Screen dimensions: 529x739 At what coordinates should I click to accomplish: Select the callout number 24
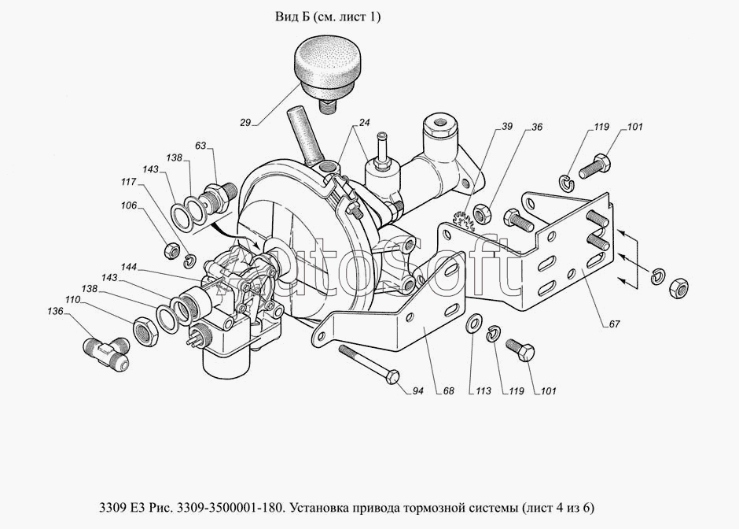coord(365,123)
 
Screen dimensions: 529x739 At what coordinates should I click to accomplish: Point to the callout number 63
coord(200,146)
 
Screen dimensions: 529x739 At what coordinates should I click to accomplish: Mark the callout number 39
coord(507,127)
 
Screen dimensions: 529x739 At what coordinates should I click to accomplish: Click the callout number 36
coord(536,127)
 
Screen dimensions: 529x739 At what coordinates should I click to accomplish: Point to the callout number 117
coord(126,182)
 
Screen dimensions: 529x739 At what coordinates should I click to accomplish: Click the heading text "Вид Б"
coord(290,17)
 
